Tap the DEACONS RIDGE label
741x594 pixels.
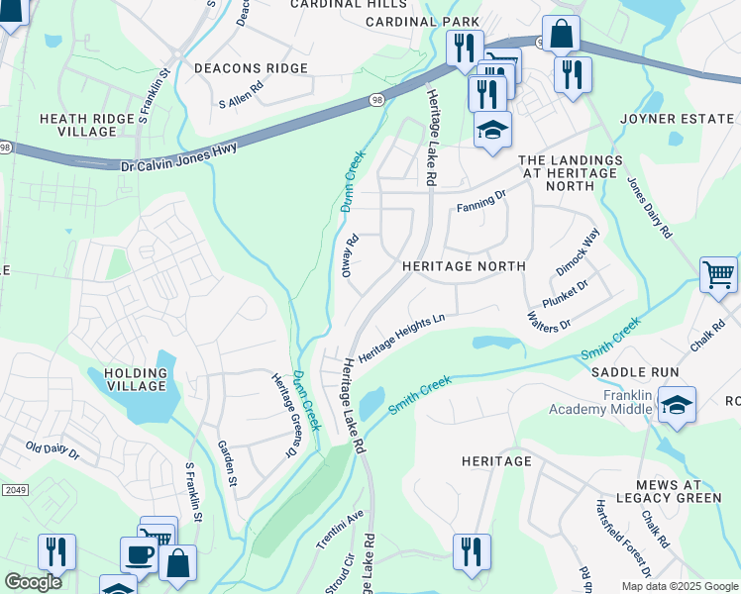click(251, 68)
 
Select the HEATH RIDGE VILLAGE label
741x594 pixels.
click(86, 125)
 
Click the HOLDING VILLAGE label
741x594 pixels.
click(135, 379)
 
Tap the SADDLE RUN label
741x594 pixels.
click(635, 372)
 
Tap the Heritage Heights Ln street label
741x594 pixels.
click(402, 339)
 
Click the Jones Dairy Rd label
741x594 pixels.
click(650, 209)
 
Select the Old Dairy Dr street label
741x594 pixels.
click(53, 450)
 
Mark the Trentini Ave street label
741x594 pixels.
click(341, 530)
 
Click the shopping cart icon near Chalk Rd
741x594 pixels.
click(718, 273)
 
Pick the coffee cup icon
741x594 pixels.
click(138, 553)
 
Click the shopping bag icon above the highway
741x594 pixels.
click(560, 33)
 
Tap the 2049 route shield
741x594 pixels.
click(14, 489)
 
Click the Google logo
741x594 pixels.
click(33, 582)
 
